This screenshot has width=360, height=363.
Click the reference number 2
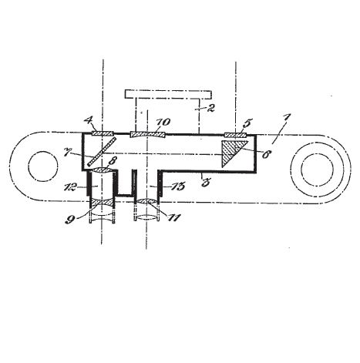[x=210, y=108]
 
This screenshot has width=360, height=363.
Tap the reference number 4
[x=89, y=121]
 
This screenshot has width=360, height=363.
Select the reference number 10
[x=163, y=122]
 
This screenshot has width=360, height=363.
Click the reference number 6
[x=266, y=154]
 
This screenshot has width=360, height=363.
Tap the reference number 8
[x=112, y=160]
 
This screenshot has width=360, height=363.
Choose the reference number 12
[x=70, y=187]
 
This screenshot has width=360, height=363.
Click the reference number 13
[x=178, y=187]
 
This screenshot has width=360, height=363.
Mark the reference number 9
[x=69, y=220]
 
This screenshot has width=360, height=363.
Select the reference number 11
[x=173, y=217]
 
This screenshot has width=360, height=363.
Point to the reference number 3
[x=206, y=183]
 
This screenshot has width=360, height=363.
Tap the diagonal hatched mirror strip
[x=102, y=152]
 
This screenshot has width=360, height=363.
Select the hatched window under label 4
[x=103, y=133]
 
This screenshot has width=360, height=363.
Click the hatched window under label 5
[x=236, y=135]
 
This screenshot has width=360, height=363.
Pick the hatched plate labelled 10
[x=147, y=135]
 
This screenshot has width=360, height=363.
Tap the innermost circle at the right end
[x=317, y=170]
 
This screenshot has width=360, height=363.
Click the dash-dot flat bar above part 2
[x=168, y=94]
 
